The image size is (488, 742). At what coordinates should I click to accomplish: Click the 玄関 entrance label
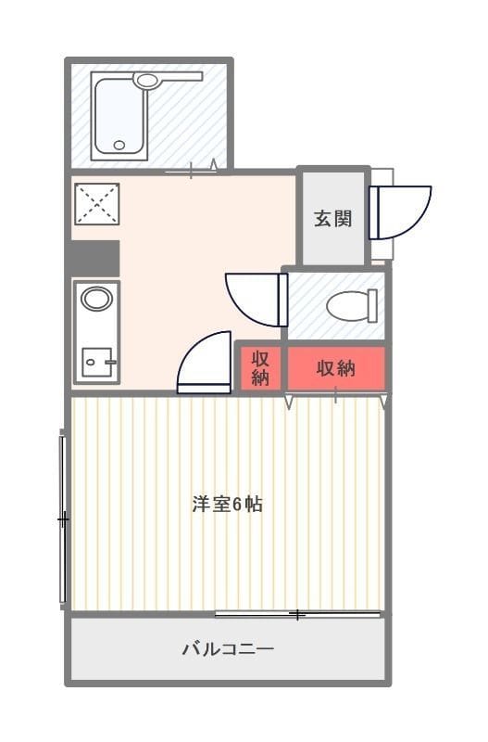[333, 219]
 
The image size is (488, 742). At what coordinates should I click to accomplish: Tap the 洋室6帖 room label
[227, 505]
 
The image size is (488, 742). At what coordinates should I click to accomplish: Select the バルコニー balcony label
[228, 647]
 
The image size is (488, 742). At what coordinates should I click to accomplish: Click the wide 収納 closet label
[335, 367]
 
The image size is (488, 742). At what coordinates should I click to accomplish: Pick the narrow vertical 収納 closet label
[260, 367]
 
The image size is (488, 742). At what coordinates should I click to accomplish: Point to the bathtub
[118, 115]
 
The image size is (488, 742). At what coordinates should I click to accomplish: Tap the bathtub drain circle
[119, 146]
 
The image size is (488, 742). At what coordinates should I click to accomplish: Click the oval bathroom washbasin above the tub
[147, 80]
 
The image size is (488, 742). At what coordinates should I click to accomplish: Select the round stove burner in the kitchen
[97, 299]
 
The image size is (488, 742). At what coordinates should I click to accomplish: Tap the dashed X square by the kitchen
[97, 204]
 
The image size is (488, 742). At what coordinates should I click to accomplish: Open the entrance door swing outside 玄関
[401, 212]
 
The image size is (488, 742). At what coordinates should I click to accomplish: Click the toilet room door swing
[257, 300]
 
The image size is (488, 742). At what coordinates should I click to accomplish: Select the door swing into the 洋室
[204, 363]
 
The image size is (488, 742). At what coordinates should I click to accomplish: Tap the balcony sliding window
[298, 615]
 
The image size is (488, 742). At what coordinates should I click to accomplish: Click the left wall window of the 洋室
[62, 519]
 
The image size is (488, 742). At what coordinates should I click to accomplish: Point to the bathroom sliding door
[192, 170]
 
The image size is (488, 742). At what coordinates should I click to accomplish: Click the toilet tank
[373, 306]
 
